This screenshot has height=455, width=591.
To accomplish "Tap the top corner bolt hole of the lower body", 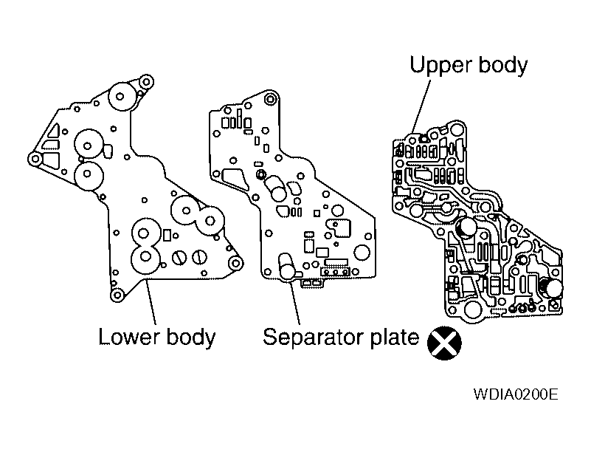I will tap(146, 81).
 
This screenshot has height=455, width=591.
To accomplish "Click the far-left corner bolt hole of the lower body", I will tap(33, 158).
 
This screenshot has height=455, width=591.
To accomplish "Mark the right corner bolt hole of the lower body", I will tap(235, 264).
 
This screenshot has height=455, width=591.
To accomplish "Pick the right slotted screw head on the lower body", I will tap(199, 256).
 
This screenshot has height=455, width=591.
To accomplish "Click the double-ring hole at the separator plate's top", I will tap(270, 98).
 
